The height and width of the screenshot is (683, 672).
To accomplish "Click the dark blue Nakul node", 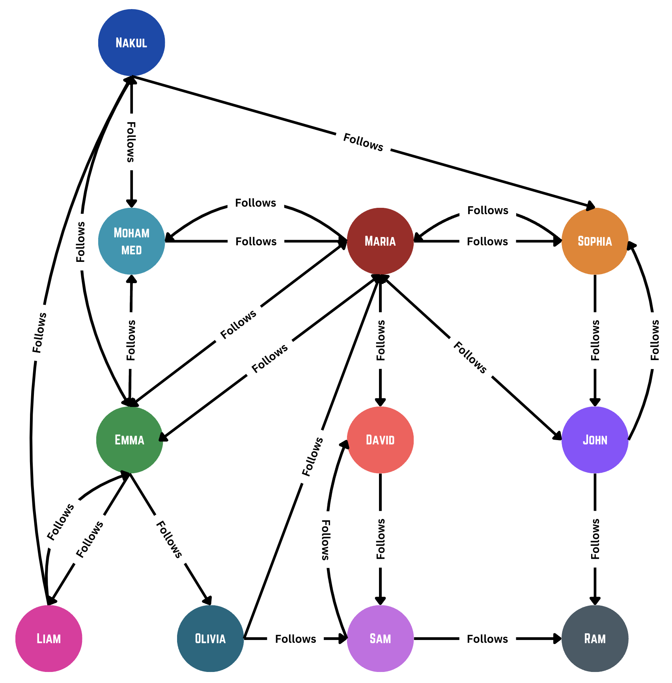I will [x=131, y=43].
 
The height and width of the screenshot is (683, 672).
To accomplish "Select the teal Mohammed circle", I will [x=131, y=241].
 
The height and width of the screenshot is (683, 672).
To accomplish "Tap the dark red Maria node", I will [x=380, y=241].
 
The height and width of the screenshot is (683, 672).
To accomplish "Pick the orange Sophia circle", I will [x=595, y=241].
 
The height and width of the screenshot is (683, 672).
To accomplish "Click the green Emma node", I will [x=129, y=440].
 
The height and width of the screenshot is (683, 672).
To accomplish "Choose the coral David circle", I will [x=380, y=440].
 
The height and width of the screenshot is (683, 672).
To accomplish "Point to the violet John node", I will [x=595, y=440].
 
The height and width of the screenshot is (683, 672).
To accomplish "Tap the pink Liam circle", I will [x=49, y=638].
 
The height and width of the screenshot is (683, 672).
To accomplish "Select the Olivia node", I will [x=210, y=638].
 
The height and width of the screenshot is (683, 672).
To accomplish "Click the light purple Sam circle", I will [x=380, y=638].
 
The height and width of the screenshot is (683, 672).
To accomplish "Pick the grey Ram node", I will [x=595, y=638].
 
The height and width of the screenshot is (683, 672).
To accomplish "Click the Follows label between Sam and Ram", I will [x=487, y=639].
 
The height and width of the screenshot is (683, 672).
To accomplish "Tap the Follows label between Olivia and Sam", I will [x=295, y=639].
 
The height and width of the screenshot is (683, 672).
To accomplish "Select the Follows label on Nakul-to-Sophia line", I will [x=363, y=142].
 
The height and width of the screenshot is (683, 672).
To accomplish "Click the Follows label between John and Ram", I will [x=595, y=539].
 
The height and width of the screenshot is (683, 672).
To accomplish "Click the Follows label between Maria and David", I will [x=381, y=340].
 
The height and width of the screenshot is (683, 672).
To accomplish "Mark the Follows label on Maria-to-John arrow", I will [x=470, y=358].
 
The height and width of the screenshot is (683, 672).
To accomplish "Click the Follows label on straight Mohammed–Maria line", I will [x=256, y=241].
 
